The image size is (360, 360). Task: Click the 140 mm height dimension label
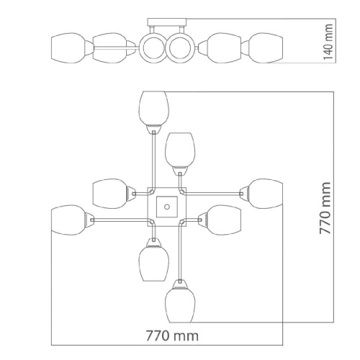(x=328, y=42)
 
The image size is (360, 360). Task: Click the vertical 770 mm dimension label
(x=325, y=208)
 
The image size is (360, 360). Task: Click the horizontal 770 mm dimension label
(x=172, y=336)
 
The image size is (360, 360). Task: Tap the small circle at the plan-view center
(x=167, y=207)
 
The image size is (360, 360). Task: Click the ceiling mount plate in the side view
(x=167, y=22)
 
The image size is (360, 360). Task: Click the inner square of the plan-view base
(x=167, y=207)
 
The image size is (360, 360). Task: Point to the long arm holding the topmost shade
(x=153, y=161)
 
